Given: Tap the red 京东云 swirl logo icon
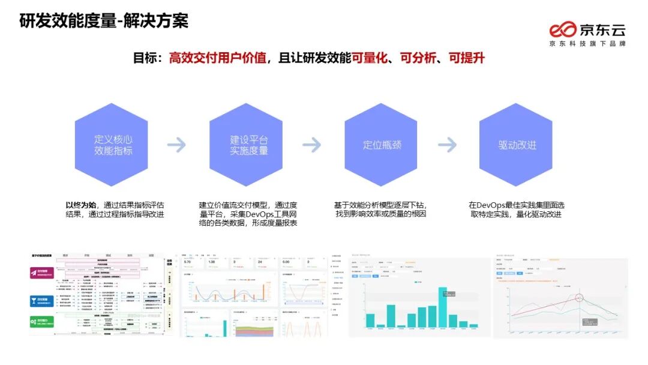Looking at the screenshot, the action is (563, 29).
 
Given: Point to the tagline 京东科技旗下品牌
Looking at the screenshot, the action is (587, 43).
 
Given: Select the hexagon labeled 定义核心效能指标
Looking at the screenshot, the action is (112, 145).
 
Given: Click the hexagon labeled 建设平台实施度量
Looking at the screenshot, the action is (246, 145).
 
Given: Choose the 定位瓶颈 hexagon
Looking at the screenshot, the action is (381, 145).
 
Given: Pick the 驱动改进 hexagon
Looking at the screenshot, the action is (516, 145).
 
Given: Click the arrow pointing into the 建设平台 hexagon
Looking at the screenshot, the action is (177, 145).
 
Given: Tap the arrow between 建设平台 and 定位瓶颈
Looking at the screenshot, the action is (312, 145).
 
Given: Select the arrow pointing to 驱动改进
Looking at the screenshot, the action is (448, 145).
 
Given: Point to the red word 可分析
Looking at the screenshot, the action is (420, 58).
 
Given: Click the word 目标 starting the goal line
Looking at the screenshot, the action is (145, 58).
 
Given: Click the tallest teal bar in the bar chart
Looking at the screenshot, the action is (442, 307).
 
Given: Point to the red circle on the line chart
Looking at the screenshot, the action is (578, 297).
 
